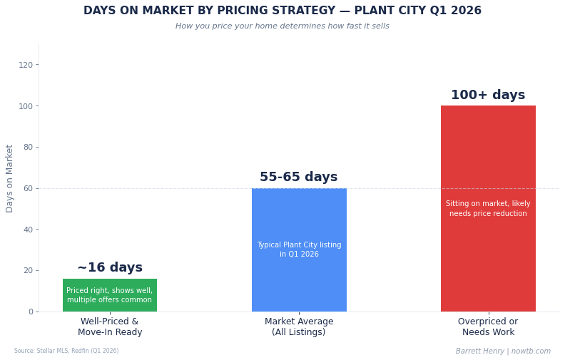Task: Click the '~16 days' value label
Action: pos(110,268)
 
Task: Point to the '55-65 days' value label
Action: pos(299,178)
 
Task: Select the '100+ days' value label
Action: pos(488,96)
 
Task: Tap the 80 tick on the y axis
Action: pos(28,148)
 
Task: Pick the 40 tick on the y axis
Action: pos(28,230)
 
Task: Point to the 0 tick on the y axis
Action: pos(30,312)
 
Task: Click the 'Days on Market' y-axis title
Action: pos(10,178)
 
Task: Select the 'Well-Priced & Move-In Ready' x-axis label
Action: pos(110,327)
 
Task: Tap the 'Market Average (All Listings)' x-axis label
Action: pos(299,327)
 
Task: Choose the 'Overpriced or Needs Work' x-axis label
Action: pos(488,327)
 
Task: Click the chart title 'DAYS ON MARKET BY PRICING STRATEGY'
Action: pos(282,11)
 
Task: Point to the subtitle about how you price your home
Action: pos(282,26)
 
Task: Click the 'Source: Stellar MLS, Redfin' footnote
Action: pos(66,351)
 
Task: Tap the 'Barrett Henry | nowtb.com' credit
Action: pos(503,351)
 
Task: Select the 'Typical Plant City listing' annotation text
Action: pos(299,250)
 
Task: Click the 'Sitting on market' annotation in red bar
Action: pos(488,209)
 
